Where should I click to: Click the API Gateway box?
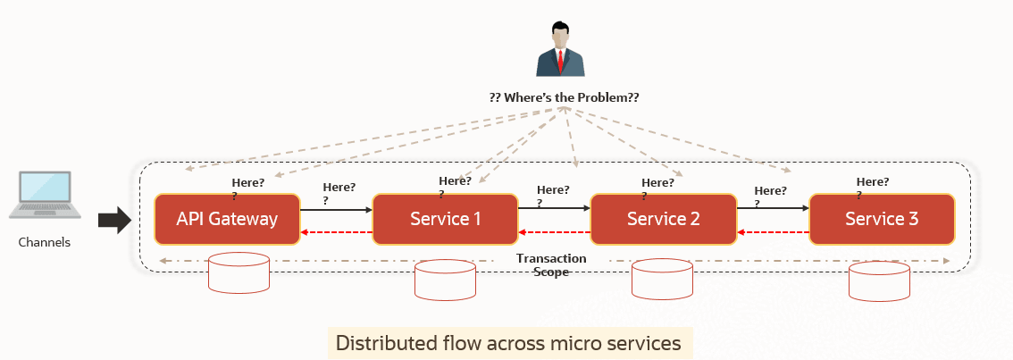click(227, 219)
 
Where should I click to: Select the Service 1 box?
click(445, 219)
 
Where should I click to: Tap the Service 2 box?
click(663, 219)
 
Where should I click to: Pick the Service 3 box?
click(882, 219)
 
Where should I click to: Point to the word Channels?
click(45, 242)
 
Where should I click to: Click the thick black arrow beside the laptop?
click(113, 219)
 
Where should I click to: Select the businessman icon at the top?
click(560, 51)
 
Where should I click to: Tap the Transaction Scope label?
click(551, 265)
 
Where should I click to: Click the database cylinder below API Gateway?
click(239, 272)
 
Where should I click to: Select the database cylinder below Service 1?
click(446, 279)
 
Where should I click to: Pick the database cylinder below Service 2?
click(662, 279)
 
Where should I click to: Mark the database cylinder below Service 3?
click(880, 280)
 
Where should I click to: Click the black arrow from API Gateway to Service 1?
click(336, 210)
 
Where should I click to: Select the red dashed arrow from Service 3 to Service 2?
click(773, 232)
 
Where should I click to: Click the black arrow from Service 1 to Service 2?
click(554, 210)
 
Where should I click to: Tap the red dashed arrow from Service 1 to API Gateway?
click(336, 232)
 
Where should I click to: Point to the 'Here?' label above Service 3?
click(873, 182)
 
